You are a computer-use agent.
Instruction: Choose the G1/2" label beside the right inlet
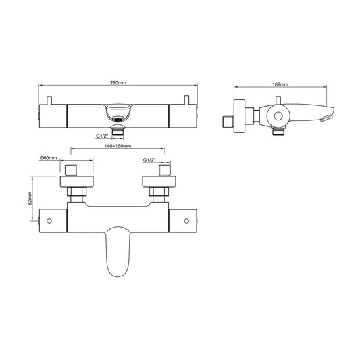150,161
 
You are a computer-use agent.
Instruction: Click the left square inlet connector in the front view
74,168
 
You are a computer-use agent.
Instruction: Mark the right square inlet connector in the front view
163,168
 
